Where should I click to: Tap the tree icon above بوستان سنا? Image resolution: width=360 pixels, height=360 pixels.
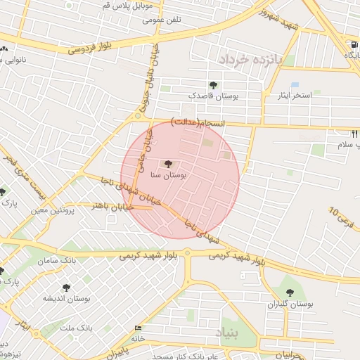coord(167,164)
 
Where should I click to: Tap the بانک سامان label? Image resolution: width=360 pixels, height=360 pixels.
coord(79,261)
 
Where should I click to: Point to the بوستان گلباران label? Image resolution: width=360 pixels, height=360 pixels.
coord(289,304)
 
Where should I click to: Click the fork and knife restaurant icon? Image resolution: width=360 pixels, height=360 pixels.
coord(354,132)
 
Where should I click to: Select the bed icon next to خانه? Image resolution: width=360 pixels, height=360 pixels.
coord(137,328)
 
